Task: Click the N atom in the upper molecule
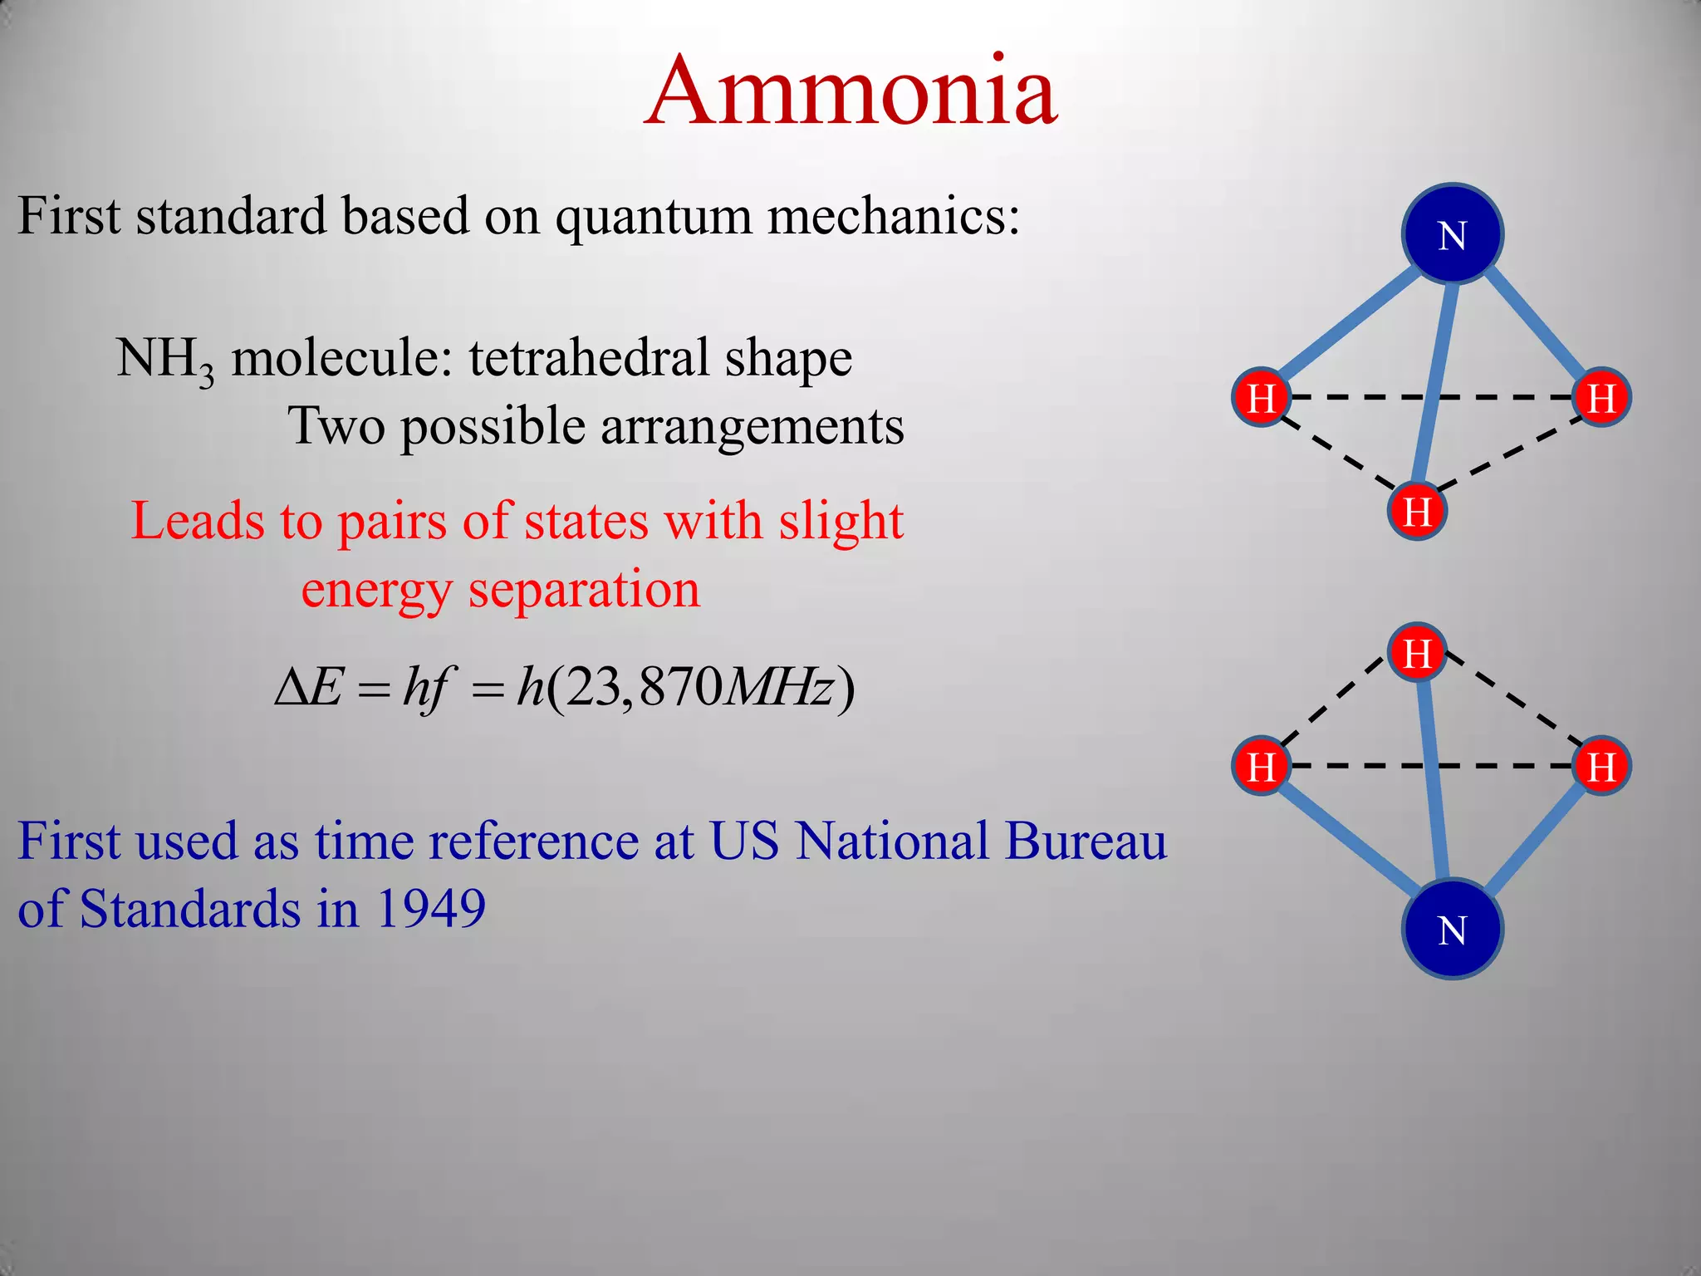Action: click(x=1452, y=235)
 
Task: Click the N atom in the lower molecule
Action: click(x=1452, y=929)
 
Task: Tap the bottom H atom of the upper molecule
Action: click(x=1417, y=511)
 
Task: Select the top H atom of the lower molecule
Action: click(x=1417, y=652)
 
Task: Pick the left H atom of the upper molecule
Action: click(x=1261, y=397)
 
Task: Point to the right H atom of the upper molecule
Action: click(x=1601, y=397)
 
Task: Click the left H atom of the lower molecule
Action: click(x=1261, y=765)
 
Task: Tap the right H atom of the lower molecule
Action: click(x=1601, y=765)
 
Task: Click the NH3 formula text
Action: click(x=164, y=360)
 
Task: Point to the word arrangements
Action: click(x=752, y=427)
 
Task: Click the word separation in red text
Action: click(x=584, y=590)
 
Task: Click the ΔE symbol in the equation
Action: click(x=308, y=688)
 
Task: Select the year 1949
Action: click(x=430, y=909)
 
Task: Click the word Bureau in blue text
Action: click(x=1085, y=841)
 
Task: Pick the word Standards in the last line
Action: click(x=190, y=909)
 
